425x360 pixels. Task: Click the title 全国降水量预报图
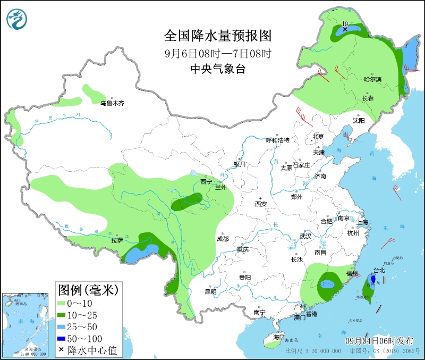click(218, 36)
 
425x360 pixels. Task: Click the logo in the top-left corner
click(16, 20)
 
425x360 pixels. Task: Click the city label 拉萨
click(117, 240)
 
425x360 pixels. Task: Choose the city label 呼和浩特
click(277, 140)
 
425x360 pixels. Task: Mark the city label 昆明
click(210, 291)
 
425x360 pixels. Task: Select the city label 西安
click(260, 204)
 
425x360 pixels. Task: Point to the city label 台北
click(379, 270)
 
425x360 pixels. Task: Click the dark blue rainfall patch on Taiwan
click(373, 279)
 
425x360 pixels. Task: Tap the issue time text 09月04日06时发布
click(378, 340)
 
